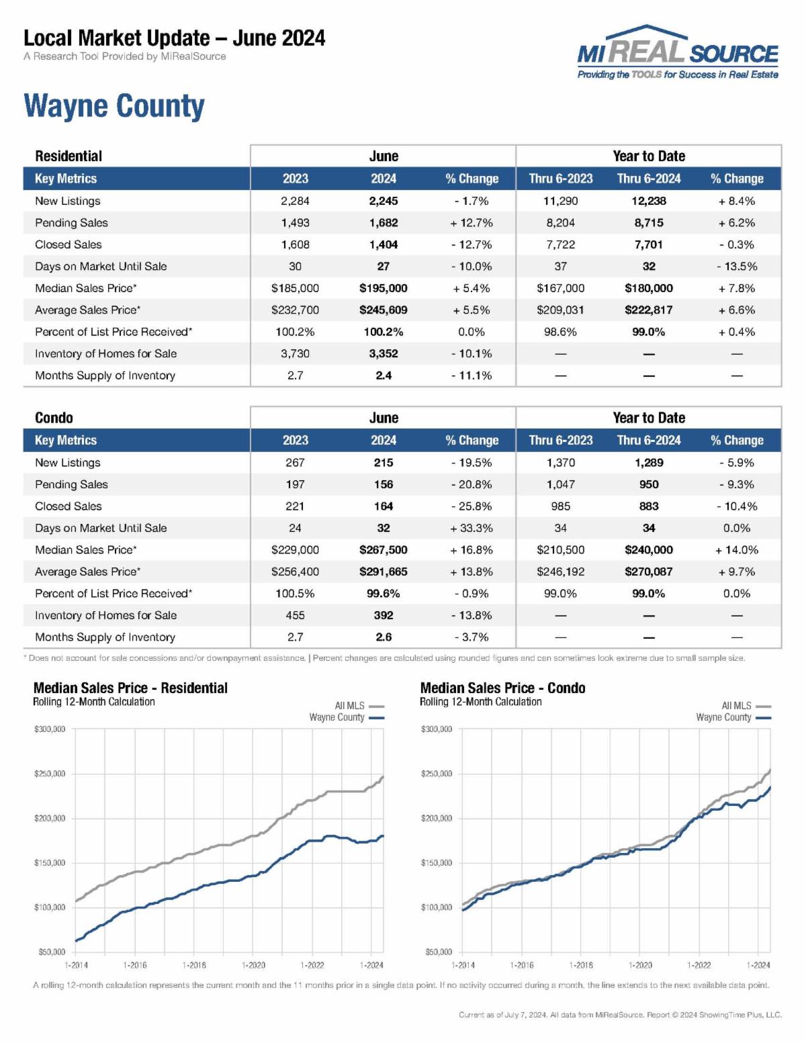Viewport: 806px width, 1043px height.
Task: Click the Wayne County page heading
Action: [x=114, y=106]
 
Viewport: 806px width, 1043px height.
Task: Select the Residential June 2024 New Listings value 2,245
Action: [x=384, y=201]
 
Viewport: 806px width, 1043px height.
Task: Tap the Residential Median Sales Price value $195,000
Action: [x=384, y=288]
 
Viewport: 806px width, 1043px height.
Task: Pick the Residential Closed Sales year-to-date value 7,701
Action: [x=649, y=244]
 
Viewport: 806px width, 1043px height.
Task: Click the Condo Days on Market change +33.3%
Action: [x=472, y=528]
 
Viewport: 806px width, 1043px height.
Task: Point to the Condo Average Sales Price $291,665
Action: [x=384, y=572]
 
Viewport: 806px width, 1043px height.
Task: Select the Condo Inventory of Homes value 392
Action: [x=384, y=615]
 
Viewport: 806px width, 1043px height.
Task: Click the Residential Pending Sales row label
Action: [x=71, y=223]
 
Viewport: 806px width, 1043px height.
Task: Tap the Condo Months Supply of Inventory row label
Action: [x=105, y=637]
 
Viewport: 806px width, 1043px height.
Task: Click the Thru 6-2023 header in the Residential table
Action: [x=561, y=179]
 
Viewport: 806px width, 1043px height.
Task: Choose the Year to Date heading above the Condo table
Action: [x=649, y=418]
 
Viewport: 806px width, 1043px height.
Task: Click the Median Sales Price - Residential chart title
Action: [x=130, y=688]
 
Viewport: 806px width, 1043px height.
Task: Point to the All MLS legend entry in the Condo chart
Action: [x=745, y=706]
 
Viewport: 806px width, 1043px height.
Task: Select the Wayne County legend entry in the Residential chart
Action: [x=345, y=717]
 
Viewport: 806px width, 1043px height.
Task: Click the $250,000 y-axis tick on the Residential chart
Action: [x=50, y=774]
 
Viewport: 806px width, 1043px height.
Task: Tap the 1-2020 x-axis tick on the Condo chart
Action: [x=640, y=965]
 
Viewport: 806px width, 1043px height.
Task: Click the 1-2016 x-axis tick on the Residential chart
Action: [x=135, y=965]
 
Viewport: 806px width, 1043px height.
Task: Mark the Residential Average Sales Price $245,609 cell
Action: [x=384, y=310]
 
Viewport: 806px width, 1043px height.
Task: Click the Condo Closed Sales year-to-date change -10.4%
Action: [x=737, y=506]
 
